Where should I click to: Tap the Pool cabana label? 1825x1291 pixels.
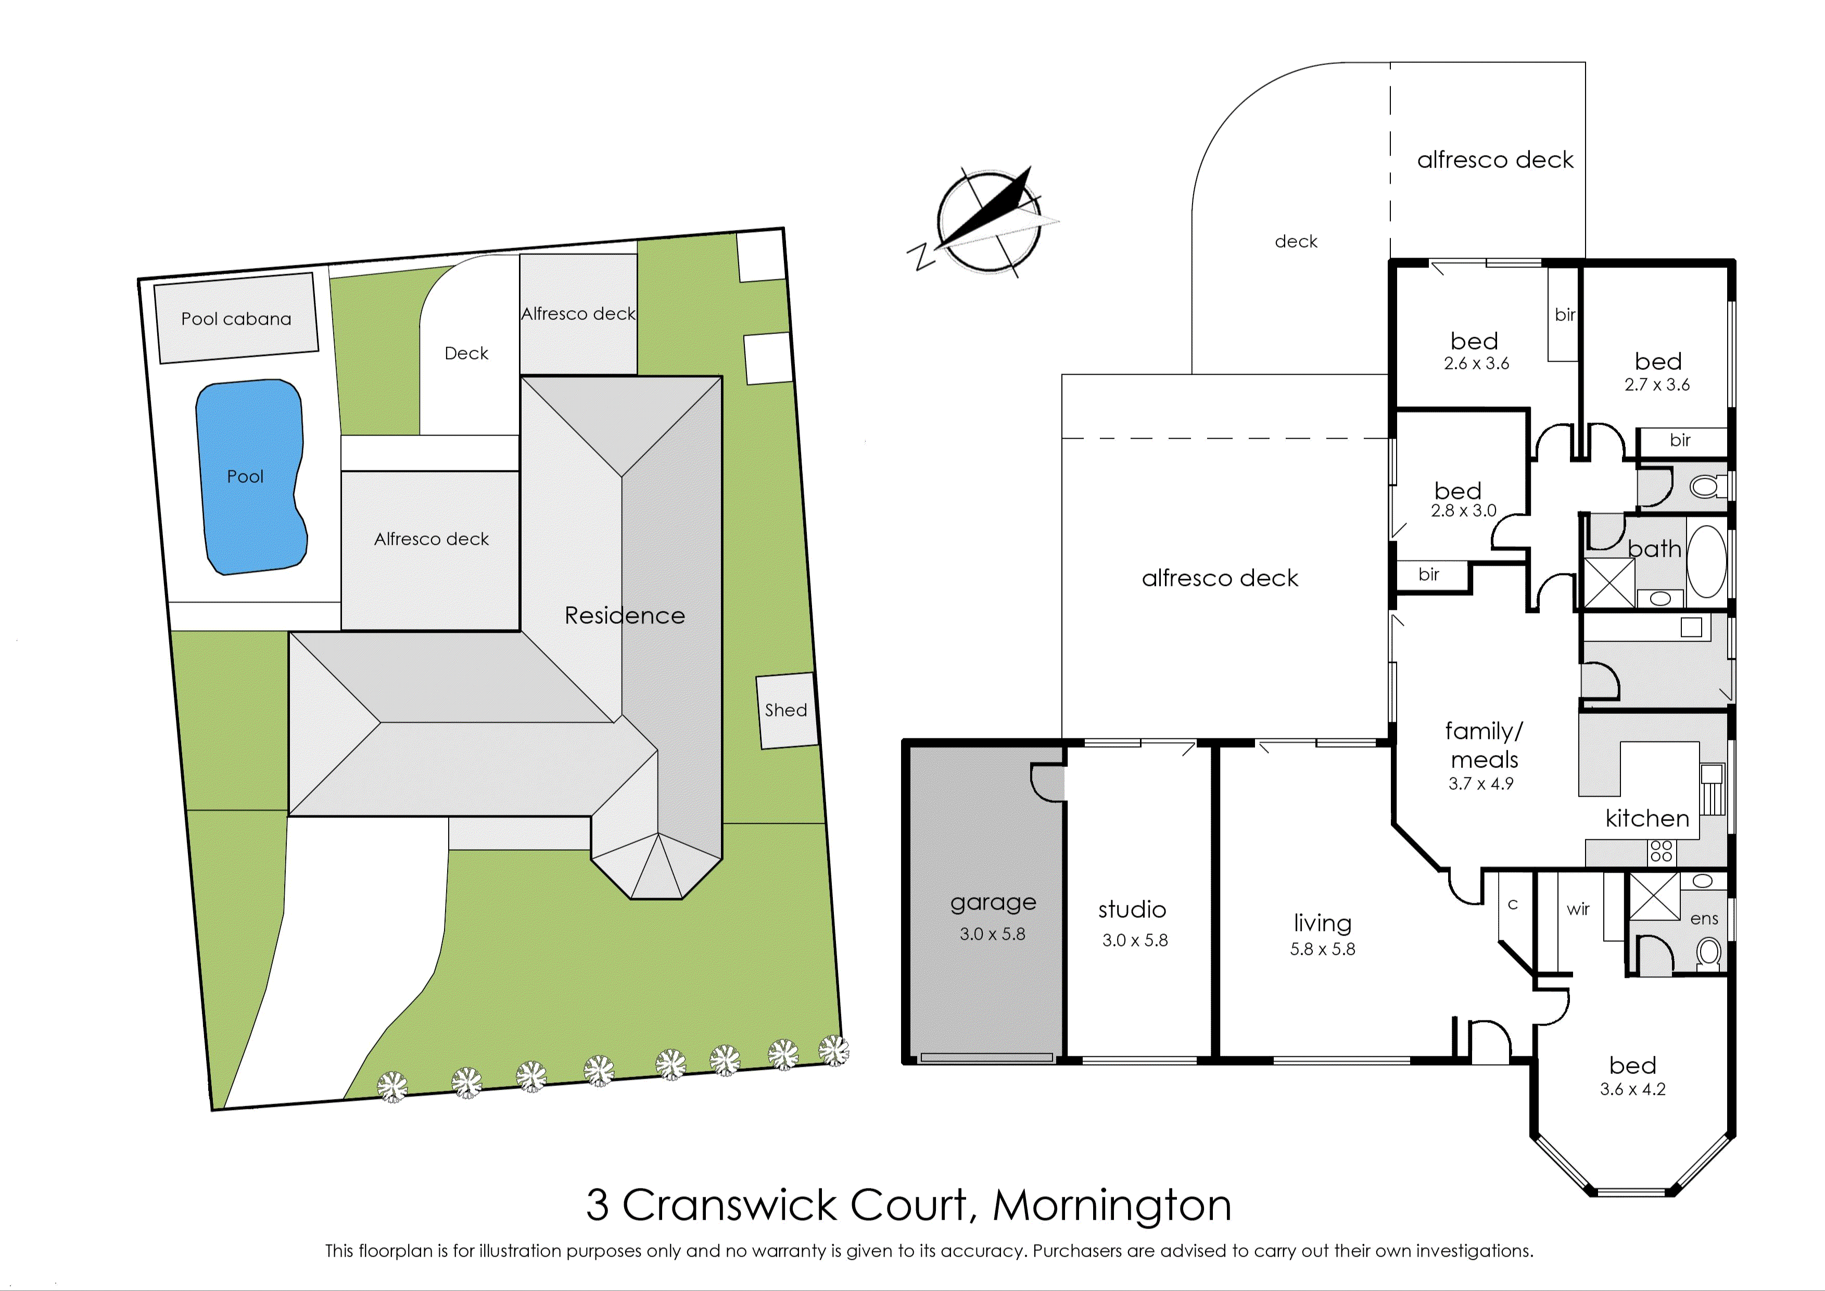click(x=236, y=319)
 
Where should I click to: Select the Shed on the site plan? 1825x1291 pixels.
click(x=787, y=711)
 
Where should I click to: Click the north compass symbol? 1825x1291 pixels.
click(x=988, y=220)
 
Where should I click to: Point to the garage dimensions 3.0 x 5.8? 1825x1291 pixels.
click(x=993, y=934)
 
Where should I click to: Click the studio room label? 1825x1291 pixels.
click(x=1132, y=910)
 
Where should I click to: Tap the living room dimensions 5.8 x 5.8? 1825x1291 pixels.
click(x=1323, y=949)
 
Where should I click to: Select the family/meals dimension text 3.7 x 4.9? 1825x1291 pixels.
click(x=1481, y=784)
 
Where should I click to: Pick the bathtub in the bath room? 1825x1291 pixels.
click(x=1706, y=561)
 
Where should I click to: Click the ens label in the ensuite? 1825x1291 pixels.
click(x=1704, y=919)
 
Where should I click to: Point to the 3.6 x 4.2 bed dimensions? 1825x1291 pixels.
click(x=1632, y=1089)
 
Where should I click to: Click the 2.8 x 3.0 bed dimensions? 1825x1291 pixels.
click(x=1464, y=511)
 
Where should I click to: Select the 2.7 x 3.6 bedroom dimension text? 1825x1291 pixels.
click(x=1657, y=385)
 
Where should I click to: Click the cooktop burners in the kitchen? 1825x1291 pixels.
click(x=1661, y=851)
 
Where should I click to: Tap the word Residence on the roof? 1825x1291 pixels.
click(x=625, y=615)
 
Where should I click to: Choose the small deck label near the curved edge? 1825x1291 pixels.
click(x=1296, y=241)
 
